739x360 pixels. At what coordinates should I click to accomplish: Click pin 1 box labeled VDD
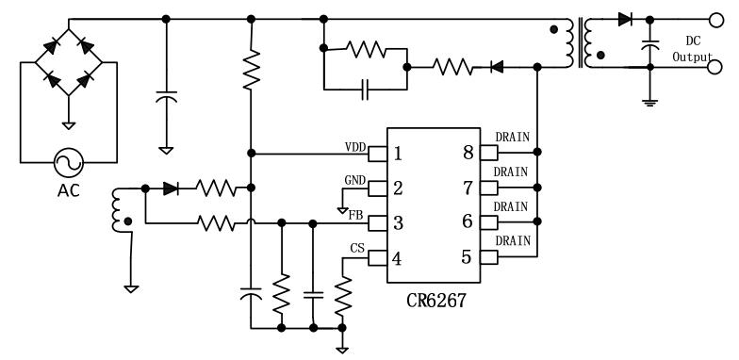click(378, 153)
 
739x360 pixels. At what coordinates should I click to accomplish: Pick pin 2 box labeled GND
click(378, 188)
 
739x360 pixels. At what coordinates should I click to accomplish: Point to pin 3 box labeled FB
click(378, 222)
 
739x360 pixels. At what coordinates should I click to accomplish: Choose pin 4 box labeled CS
click(378, 257)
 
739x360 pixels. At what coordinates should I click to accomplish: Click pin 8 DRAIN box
click(489, 153)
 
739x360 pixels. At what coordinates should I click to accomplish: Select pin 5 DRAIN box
click(489, 257)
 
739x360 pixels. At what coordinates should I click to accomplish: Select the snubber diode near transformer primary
click(496, 67)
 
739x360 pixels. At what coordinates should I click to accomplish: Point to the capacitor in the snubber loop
click(365, 90)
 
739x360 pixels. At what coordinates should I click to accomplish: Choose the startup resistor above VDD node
click(251, 72)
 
